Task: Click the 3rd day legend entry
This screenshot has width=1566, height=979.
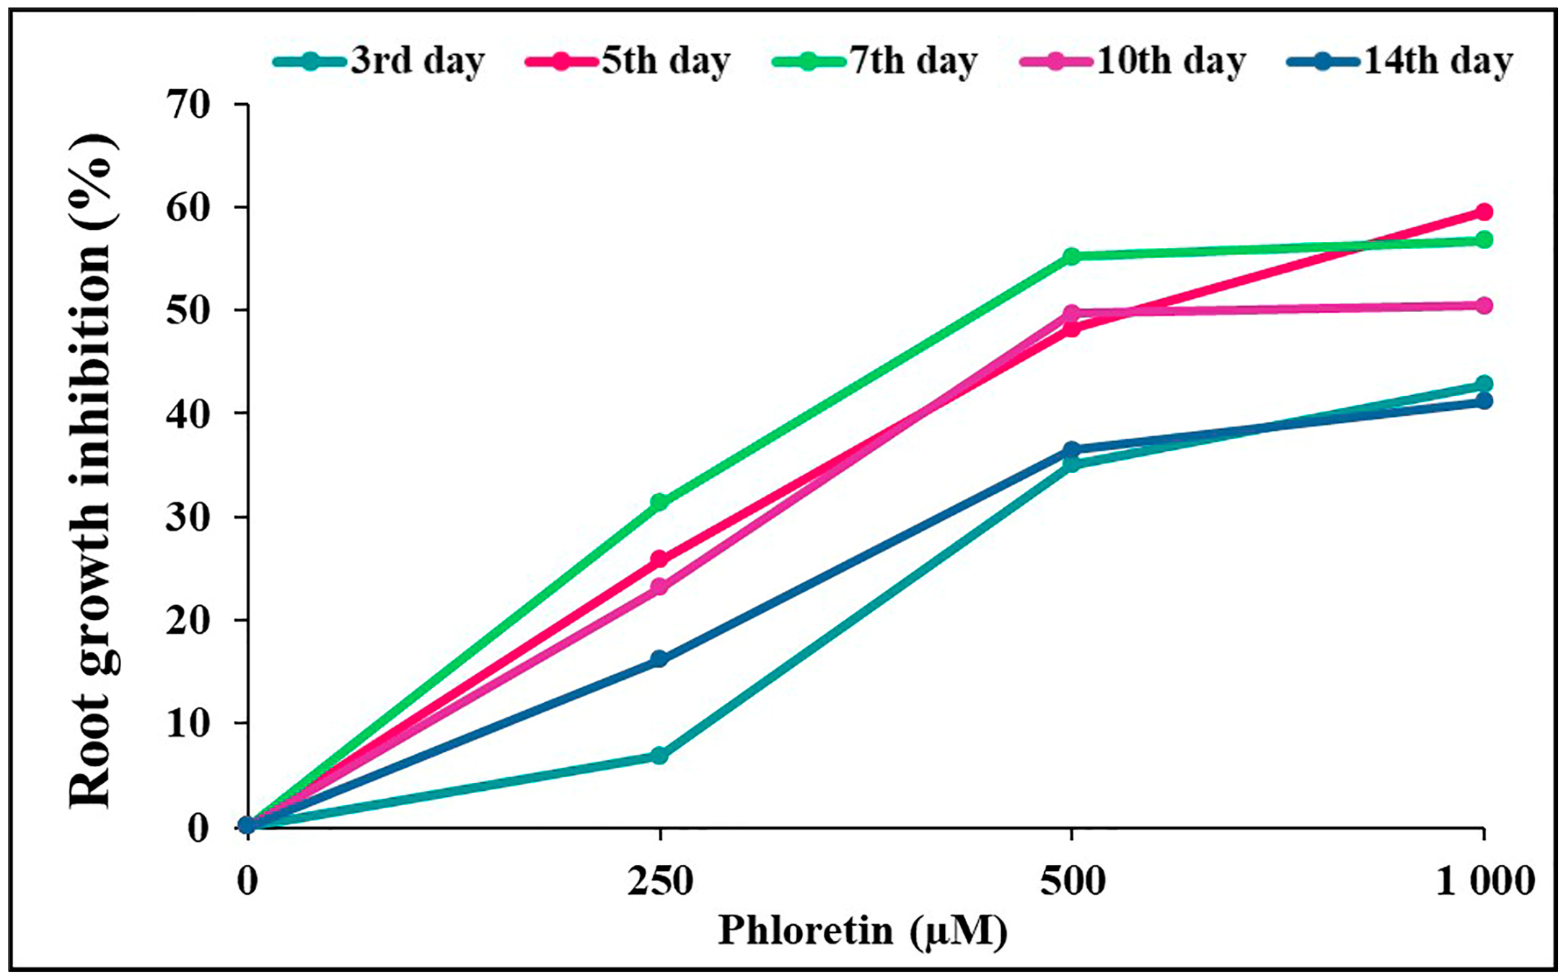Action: (380, 61)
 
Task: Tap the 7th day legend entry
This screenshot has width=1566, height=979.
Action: (876, 61)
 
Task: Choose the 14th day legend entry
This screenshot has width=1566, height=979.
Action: (1400, 61)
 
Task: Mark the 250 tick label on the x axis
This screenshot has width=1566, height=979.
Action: (659, 881)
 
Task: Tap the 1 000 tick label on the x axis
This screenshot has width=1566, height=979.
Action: (1484, 881)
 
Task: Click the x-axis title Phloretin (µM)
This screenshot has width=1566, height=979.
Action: (862, 931)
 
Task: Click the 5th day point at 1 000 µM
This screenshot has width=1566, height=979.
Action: (1484, 212)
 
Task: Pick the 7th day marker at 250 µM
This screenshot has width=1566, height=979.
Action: (659, 502)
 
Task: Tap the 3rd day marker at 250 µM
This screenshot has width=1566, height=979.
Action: (659, 756)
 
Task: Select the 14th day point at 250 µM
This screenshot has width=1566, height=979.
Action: (659, 659)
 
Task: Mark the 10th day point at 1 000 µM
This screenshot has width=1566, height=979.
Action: (1484, 306)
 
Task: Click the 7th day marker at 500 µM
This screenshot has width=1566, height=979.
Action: (1072, 256)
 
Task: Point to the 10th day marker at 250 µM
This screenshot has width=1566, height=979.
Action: (659, 587)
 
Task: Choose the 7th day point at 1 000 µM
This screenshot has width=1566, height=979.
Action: (1484, 239)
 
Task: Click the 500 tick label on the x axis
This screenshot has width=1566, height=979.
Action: (1072, 881)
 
